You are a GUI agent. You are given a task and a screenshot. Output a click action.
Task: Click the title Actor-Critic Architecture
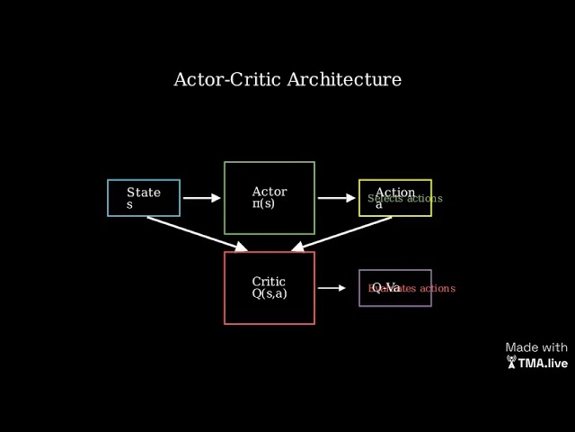tap(287, 79)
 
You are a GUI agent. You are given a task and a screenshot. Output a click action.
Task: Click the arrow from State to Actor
tap(201, 198)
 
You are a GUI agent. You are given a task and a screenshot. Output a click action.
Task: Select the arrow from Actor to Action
tap(336, 198)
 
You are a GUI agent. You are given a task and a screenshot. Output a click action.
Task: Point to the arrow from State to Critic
tap(198, 232)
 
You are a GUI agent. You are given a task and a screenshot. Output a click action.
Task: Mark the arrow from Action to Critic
tap(341, 232)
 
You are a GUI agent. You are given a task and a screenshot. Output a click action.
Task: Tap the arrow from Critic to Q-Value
tap(332, 288)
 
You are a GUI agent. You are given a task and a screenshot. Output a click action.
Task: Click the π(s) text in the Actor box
tap(264, 204)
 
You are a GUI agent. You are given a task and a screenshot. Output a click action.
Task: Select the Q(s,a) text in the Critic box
tap(270, 294)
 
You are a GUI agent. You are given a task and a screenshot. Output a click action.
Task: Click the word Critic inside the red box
tap(269, 282)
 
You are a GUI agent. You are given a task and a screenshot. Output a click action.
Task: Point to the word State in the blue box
tap(144, 192)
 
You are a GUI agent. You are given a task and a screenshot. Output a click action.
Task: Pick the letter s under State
tap(129, 204)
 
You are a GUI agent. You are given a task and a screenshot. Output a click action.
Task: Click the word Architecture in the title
tap(344, 79)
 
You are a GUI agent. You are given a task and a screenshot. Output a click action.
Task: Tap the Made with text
tap(536, 347)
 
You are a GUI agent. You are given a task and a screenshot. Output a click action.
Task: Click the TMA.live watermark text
tap(543, 364)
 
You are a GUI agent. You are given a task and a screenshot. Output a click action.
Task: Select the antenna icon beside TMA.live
tap(511, 363)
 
